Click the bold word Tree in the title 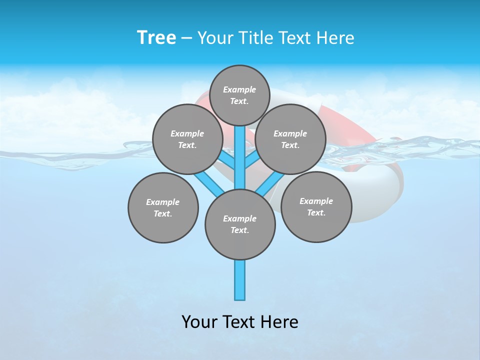[156, 37]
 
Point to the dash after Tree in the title [187, 38]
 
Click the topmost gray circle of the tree [239, 95]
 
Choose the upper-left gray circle [187, 139]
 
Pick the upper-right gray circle [290, 139]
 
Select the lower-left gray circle [163, 207]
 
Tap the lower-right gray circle [316, 206]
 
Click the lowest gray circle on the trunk [240, 224]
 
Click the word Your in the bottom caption [199, 322]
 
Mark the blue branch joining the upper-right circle [253, 160]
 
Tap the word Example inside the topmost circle [239, 89]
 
